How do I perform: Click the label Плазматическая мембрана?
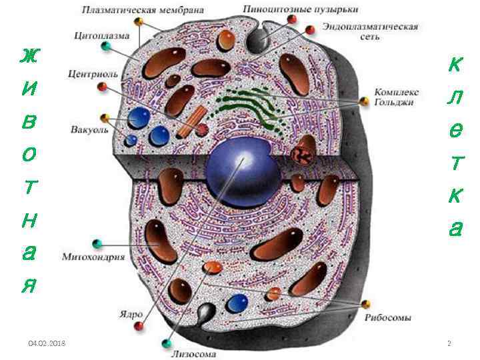coord(143,11)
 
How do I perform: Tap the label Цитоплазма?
coord(102,36)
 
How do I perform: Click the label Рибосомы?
coord(387,318)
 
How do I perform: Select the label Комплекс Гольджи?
coord(395,97)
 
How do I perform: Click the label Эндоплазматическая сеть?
coord(370,31)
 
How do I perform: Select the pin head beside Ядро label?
coord(139,326)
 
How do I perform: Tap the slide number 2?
coord(449,343)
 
